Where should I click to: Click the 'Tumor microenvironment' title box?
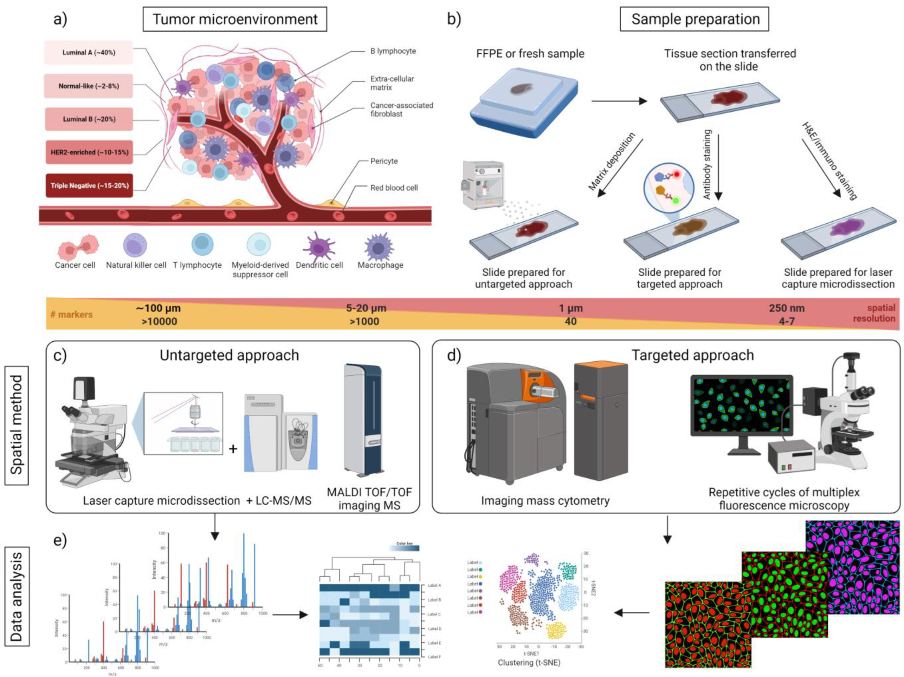click(x=235, y=19)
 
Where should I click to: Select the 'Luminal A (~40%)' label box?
click(x=89, y=52)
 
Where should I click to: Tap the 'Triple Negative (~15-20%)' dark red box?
click(x=89, y=185)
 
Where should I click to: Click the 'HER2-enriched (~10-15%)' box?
click(x=89, y=152)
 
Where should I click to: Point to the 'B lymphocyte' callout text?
click(x=393, y=51)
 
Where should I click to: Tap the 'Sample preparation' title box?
click(x=694, y=19)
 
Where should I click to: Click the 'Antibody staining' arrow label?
click(x=707, y=164)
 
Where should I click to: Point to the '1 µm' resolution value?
click(x=571, y=308)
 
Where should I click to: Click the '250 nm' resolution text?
click(x=786, y=308)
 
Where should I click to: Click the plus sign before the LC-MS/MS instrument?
click(x=233, y=449)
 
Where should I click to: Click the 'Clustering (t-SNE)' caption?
click(x=528, y=662)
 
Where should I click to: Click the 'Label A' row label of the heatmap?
click(x=434, y=585)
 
